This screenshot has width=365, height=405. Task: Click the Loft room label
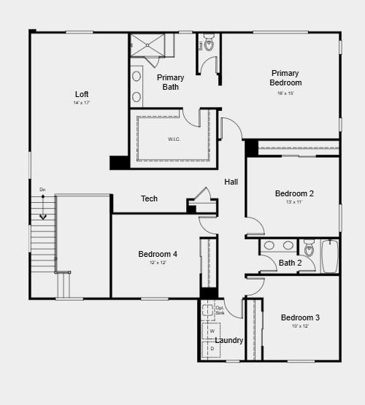[x=82, y=94]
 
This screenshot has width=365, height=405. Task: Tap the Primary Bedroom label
[x=285, y=77]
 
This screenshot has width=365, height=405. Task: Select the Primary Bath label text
[x=170, y=82]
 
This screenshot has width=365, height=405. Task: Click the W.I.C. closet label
[x=174, y=139]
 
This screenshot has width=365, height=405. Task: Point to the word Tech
[x=149, y=198]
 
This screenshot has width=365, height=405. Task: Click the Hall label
[x=231, y=182]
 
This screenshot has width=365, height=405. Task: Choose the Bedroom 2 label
[x=294, y=193]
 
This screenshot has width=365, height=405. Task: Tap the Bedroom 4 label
[x=158, y=254]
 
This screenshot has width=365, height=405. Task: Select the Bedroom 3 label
[x=300, y=317]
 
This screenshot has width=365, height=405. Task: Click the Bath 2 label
[x=291, y=263]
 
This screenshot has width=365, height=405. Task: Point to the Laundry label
[x=229, y=340]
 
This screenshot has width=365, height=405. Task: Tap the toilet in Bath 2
[x=309, y=250]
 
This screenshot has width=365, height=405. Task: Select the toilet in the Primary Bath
[x=210, y=44]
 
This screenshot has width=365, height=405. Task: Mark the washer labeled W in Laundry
[x=212, y=331]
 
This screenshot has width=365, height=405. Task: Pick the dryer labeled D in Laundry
[x=212, y=349]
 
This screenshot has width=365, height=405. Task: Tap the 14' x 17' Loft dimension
[x=82, y=103]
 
